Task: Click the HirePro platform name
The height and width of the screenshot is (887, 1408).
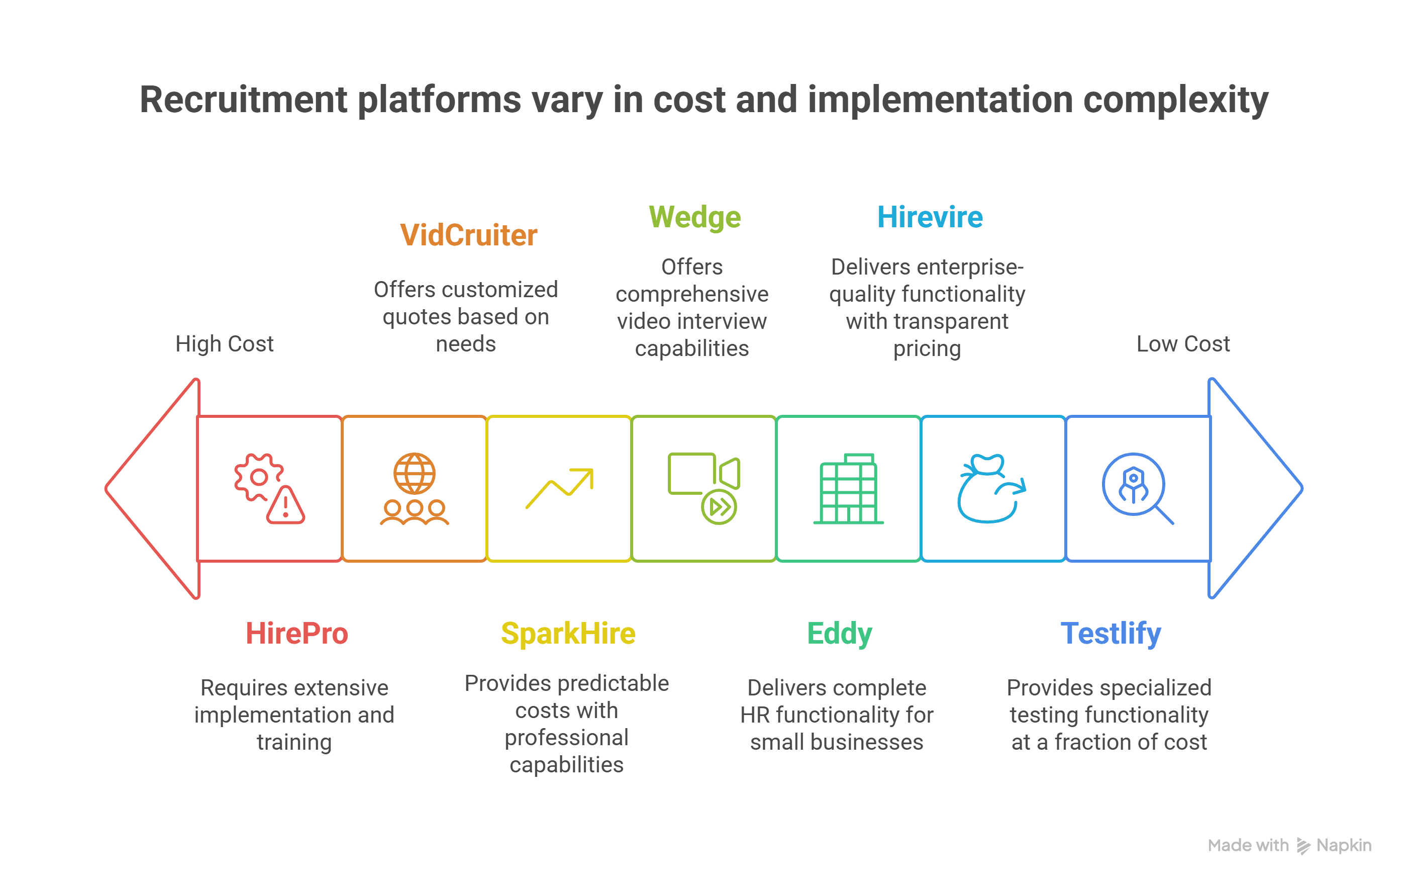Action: point(296,633)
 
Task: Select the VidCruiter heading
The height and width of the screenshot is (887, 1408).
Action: point(468,235)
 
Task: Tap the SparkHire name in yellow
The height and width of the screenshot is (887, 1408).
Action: point(568,634)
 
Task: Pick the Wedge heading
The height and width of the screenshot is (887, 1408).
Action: point(694,218)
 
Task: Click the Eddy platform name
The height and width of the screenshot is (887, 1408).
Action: point(840,634)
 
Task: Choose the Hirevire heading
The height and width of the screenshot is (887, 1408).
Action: point(930,217)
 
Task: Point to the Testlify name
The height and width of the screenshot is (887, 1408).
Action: point(1111,634)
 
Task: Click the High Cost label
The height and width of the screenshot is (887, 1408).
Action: point(225,344)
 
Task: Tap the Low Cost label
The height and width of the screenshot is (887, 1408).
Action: point(1183,343)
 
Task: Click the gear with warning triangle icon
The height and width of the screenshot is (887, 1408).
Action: point(269,489)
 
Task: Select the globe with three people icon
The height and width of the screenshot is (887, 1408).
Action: point(415,489)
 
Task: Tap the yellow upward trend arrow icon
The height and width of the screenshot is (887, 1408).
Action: point(560,489)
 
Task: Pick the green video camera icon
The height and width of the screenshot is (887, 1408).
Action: point(704,489)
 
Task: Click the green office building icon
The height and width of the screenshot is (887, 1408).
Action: point(848,489)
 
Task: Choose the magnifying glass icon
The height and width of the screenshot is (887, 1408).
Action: point(1137,489)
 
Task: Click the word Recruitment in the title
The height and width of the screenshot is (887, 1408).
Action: point(243,100)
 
